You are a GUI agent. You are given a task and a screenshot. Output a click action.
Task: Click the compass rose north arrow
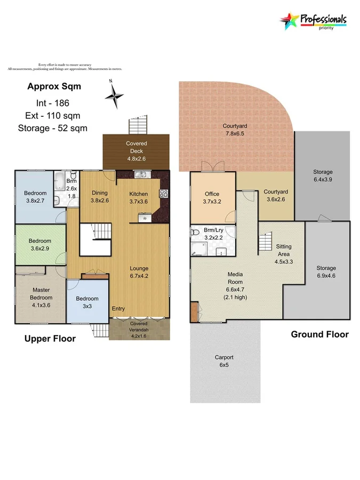point(114,95)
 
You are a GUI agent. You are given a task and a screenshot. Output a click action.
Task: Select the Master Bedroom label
point(41,294)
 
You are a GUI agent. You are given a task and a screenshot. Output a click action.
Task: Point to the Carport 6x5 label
point(224,361)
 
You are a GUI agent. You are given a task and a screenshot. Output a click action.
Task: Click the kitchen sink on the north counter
point(141,174)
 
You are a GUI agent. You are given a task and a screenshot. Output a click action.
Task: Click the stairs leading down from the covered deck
point(137,126)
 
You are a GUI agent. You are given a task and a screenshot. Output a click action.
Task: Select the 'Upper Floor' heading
point(49,338)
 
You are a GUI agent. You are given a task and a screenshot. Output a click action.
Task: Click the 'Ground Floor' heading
point(319,334)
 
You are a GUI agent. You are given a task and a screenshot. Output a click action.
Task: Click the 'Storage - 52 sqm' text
point(52,128)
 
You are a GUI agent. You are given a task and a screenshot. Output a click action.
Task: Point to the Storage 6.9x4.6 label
point(326,271)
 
